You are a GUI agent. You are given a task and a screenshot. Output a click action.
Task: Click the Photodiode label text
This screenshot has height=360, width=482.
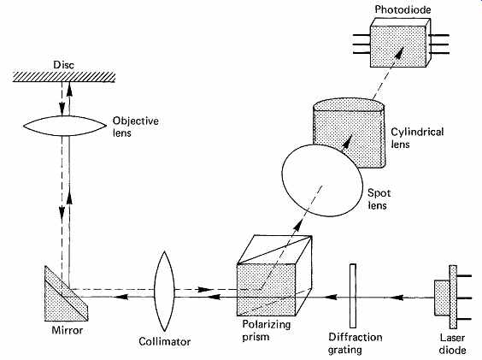(x=403, y=9)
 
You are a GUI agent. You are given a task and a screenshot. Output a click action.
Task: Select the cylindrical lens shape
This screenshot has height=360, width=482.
(x=350, y=133)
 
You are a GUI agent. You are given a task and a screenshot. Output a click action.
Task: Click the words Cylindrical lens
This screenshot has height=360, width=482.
(x=417, y=139)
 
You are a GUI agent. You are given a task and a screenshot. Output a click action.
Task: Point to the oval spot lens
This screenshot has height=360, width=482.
(x=322, y=180)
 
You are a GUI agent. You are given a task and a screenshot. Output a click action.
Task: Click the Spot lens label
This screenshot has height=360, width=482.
(x=379, y=199)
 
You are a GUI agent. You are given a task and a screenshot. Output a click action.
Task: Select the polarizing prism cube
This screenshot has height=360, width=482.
(x=274, y=275)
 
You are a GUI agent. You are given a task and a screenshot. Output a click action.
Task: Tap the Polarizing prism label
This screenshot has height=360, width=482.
(x=266, y=330)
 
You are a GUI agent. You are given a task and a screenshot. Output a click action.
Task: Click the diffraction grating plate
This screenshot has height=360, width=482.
(x=353, y=296)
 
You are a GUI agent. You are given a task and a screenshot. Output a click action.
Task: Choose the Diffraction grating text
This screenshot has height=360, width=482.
(x=355, y=344)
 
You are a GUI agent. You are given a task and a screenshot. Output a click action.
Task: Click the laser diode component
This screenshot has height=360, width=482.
(x=452, y=298)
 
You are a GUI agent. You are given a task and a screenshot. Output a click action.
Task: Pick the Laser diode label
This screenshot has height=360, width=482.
(x=452, y=344)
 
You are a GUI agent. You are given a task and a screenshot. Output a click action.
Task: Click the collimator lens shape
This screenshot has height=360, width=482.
(x=164, y=291)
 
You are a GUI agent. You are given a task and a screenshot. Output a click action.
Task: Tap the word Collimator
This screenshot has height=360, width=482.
(x=164, y=341)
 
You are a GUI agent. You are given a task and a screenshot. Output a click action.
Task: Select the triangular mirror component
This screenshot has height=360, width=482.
(x=66, y=293)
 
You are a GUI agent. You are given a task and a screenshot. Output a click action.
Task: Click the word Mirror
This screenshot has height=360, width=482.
(x=68, y=330)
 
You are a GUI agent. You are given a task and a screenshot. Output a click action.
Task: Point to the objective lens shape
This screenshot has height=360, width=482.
(x=65, y=126)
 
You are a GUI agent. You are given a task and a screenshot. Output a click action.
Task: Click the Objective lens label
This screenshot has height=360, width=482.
(x=136, y=127)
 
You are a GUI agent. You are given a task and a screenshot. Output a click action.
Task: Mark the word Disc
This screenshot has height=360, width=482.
(x=63, y=65)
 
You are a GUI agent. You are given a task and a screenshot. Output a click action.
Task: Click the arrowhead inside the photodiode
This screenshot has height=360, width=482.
(x=399, y=52)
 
